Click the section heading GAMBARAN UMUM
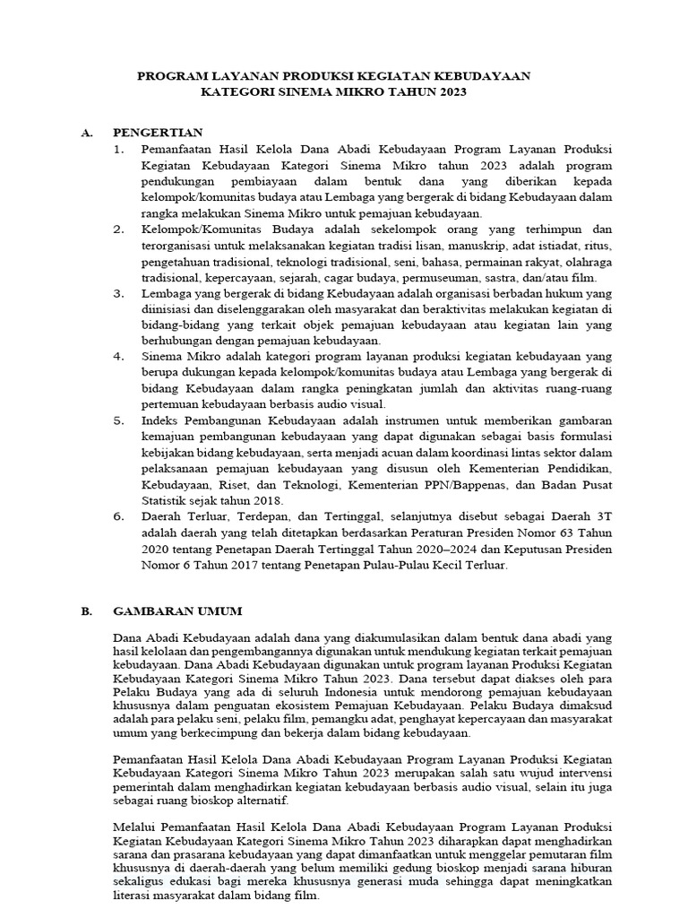point(177,611)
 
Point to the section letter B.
point(86,611)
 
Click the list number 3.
point(118,293)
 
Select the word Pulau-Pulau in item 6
point(410,566)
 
